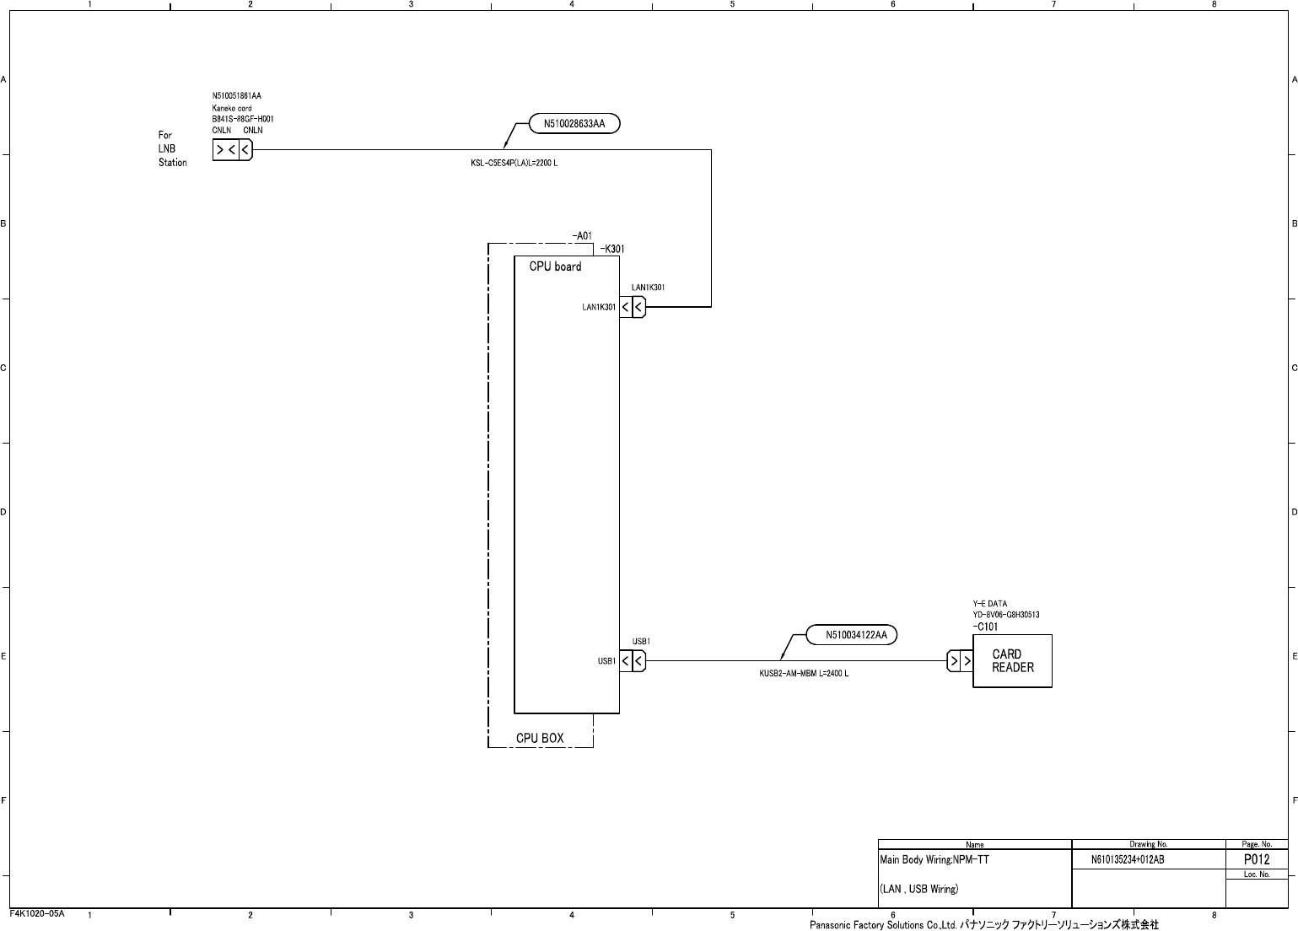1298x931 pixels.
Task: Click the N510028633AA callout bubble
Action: click(x=574, y=124)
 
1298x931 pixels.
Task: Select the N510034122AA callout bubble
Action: click(x=851, y=634)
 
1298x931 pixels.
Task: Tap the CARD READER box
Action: click(x=1012, y=661)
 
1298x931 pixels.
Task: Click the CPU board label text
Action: click(x=555, y=266)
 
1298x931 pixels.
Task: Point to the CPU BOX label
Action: click(x=540, y=739)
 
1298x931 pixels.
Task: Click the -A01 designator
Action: click(x=582, y=236)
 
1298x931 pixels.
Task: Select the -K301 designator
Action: click(x=611, y=249)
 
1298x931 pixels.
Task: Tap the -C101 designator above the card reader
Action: click(x=985, y=627)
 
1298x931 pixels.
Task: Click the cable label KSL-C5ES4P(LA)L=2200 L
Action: click(x=514, y=163)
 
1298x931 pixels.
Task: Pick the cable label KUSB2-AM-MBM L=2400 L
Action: click(x=804, y=674)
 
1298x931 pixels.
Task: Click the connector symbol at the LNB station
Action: click(x=232, y=150)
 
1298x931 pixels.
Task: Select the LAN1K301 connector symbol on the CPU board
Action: click(x=633, y=307)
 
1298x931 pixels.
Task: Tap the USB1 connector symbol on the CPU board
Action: click(x=633, y=661)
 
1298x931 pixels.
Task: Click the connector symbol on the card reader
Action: click(x=960, y=661)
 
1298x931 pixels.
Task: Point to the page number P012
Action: click(x=1257, y=859)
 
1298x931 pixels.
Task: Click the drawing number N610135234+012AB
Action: click(x=1128, y=860)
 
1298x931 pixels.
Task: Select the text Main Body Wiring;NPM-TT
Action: click(x=934, y=860)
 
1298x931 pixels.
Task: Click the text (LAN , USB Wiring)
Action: click(x=918, y=889)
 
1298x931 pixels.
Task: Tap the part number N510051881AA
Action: click(x=236, y=96)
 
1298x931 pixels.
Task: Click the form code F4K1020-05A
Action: click(x=37, y=913)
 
